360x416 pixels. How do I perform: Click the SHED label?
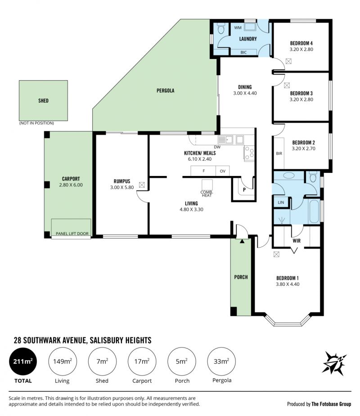click(x=44, y=100)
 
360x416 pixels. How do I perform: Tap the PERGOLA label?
click(x=166, y=91)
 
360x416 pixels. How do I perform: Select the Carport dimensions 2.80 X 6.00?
click(x=71, y=185)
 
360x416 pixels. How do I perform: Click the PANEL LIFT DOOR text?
click(x=72, y=234)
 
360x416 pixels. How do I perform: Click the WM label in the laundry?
click(x=238, y=27)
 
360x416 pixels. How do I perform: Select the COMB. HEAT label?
click(x=207, y=194)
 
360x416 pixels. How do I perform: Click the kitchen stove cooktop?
click(x=249, y=153)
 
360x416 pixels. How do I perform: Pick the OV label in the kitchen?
click(x=223, y=171)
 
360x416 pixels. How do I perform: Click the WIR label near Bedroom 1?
click(x=297, y=240)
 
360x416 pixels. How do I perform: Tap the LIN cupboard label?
click(x=281, y=203)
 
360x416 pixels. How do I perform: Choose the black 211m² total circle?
click(x=23, y=362)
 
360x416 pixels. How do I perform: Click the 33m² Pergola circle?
click(x=221, y=362)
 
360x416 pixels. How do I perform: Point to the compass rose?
click(x=334, y=363)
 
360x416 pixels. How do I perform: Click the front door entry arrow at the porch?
click(x=242, y=241)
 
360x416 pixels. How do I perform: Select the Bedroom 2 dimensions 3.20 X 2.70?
click(x=304, y=149)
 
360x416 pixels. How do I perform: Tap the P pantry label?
click(x=244, y=190)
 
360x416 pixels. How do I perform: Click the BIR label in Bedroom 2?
click(x=279, y=154)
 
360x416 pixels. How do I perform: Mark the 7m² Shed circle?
click(x=102, y=362)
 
